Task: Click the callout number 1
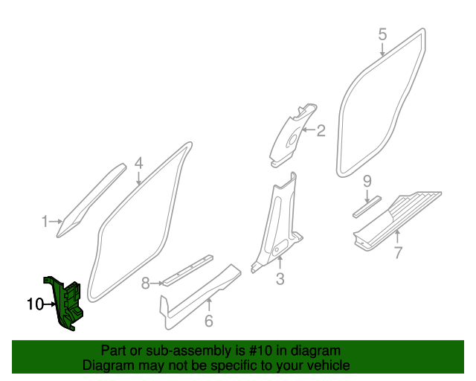point(45,221)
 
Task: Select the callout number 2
point(321,132)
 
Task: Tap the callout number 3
point(280,279)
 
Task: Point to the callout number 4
point(139,164)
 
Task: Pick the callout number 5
point(382,33)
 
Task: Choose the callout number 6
point(209,321)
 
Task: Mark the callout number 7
point(398,253)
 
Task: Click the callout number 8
point(146,283)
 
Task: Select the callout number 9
point(367,182)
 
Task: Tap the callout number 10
point(35,304)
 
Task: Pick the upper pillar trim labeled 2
point(292,134)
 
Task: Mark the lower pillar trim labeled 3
point(279,223)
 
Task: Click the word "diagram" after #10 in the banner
point(316,350)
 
